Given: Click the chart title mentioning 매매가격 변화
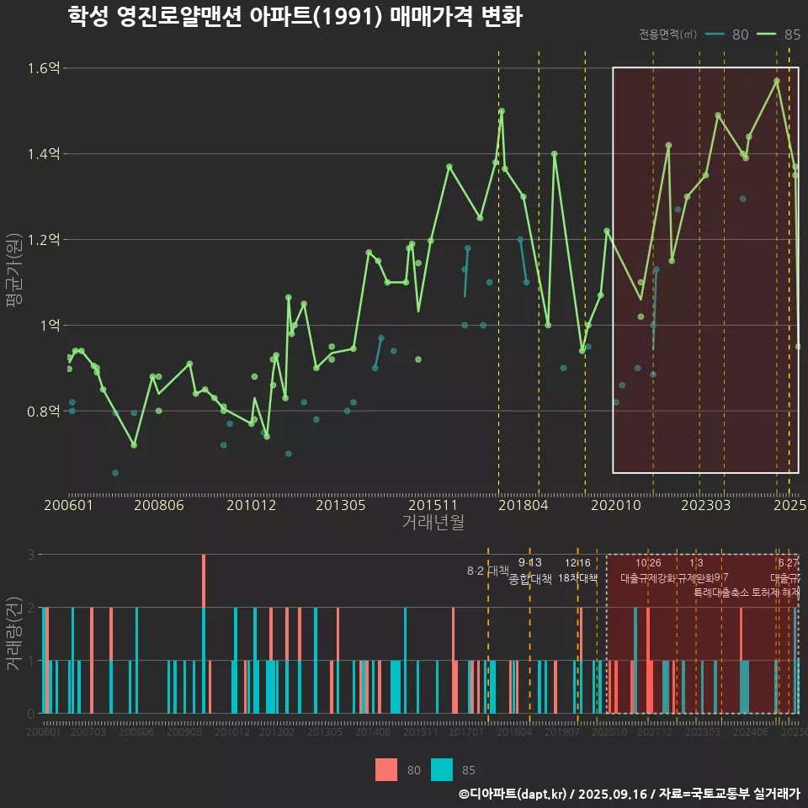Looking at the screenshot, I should [x=295, y=17].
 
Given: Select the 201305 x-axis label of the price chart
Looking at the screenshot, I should [x=340, y=505].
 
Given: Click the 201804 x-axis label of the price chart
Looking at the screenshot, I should [x=523, y=505].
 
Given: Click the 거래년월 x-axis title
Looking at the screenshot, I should [x=433, y=523].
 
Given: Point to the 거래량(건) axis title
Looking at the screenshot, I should [x=14, y=633].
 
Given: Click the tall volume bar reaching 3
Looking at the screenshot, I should [x=204, y=634].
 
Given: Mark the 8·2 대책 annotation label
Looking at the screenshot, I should [x=488, y=571].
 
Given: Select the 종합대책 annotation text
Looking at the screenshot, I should [x=530, y=579].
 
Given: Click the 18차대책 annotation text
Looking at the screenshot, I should [x=577, y=579].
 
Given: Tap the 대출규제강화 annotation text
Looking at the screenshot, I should [x=648, y=579].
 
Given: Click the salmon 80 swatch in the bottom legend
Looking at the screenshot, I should [x=386, y=769].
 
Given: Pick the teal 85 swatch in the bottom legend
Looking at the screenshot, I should [x=442, y=769].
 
